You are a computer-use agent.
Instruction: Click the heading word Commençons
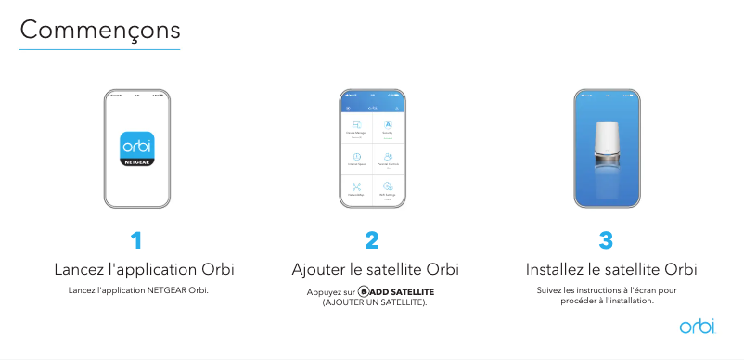(x=99, y=30)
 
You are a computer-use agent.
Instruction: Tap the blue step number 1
(x=136, y=241)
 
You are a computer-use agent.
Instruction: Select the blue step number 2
(x=372, y=241)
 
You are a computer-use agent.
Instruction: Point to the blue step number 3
(x=607, y=241)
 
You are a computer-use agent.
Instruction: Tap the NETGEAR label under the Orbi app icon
(x=137, y=161)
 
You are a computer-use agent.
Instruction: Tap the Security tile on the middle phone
(x=388, y=128)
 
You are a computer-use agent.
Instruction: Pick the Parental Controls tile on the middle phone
(x=388, y=159)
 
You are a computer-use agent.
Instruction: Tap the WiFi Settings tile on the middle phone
(x=388, y=189)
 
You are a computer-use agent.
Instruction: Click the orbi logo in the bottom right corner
(x=697, y=326)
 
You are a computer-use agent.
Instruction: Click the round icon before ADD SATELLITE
(x=363, y=292)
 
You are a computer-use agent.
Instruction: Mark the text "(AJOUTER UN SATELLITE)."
(x=374, y=302)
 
